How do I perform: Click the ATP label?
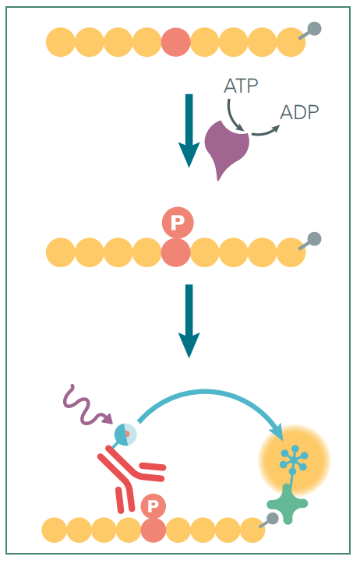(x=241, y=86)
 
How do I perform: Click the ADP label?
(x=299, y=112)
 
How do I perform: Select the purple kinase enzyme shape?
(x=225, y=148)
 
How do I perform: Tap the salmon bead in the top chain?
(x=176, y=42)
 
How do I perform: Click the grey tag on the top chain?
(x=310, y=31)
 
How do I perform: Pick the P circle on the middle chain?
(x=178, y=223)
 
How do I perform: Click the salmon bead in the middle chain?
(x=176, y=252)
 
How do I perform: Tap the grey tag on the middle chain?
(x=310, y=241)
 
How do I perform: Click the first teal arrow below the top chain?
(x=189, y=130)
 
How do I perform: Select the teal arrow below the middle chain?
(x=189, y=321)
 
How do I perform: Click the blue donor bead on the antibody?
(x=125, y=435)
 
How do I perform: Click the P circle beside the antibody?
(x=153, y=505)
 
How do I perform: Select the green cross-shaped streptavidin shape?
(x=288, y=504)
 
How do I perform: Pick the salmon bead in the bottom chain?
(x=153, y=530)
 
